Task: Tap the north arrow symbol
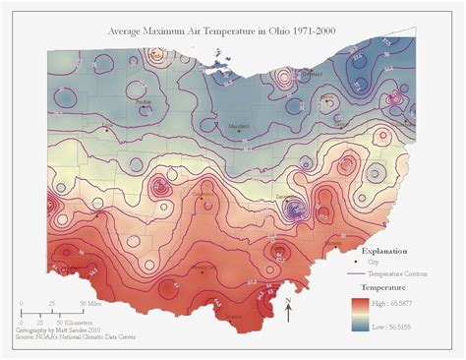point(287,310)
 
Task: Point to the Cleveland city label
point(313,74)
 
